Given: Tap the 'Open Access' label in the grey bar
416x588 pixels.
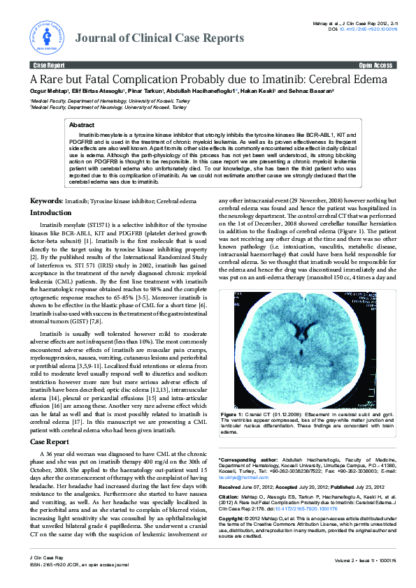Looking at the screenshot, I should pyautogui.click(x=376, y=65).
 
